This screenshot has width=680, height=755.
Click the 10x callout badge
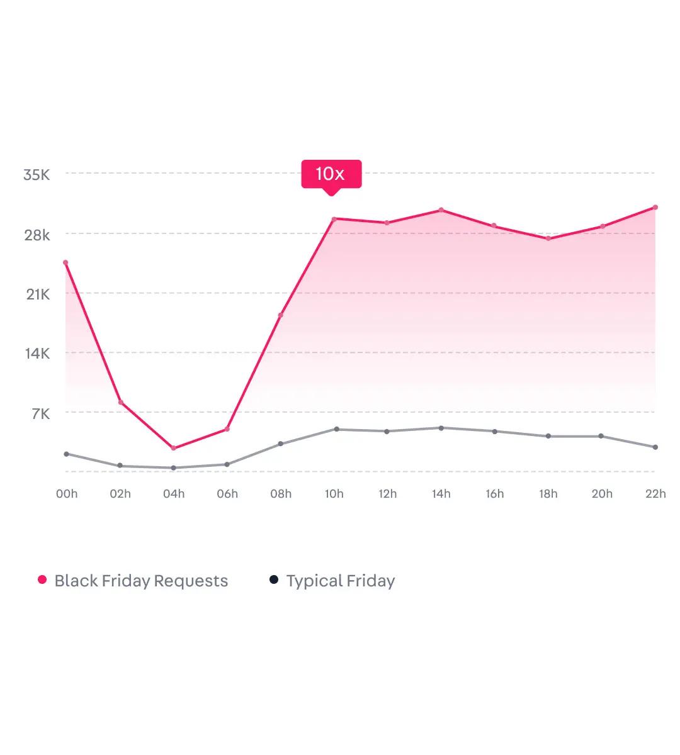click(331, 174)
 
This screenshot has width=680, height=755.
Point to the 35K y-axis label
click(37, 175)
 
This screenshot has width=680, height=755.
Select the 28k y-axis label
click(37, 235)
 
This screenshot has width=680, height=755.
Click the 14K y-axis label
click(37, 354)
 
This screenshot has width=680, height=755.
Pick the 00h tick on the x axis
click(67, 494)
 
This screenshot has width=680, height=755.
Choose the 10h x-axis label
click(334, 494)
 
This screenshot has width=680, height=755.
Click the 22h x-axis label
click(655, 494)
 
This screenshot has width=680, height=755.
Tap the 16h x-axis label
click(495, 494)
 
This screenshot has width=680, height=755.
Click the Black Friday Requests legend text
click(141, 581)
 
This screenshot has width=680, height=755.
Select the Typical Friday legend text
click(341, 581)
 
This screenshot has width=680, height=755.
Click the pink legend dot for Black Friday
click(42, 579)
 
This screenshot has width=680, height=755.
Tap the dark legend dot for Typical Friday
click(274, 579)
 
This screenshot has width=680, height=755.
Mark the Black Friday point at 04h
click(173, 448)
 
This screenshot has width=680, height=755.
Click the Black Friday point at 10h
click(334, 219)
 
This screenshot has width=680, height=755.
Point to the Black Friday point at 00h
click(65, 263)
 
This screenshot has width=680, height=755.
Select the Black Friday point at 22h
click(655, 207)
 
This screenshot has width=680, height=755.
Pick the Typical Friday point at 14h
click(441, 428)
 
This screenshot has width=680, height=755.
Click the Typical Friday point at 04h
click(173, 468)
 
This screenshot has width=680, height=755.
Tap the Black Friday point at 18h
click(548, 238)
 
